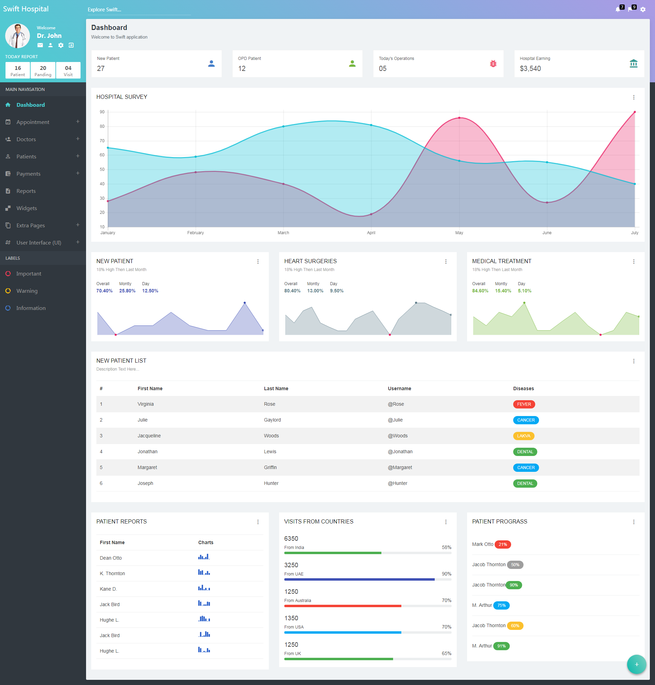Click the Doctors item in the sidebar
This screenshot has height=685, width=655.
pos(26,139)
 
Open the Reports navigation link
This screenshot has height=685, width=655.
pos(26,191)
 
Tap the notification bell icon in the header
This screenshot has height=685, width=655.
pos(617,9)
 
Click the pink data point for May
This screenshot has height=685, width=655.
pos(459,118)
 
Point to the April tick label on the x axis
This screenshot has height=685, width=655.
pos(371,233)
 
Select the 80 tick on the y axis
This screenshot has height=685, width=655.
pos(102,126)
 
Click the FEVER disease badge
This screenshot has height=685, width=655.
pos(524,404)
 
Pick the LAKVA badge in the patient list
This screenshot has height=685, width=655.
pos(524,436)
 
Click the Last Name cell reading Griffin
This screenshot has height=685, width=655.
pos(270,467)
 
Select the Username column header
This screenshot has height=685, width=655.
pos(399,388)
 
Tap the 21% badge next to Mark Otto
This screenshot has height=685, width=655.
pos(503,544)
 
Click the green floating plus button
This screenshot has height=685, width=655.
pos(636,664)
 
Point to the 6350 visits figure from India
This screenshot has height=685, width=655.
pos(291,539)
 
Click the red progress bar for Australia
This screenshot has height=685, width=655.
pos(342,606)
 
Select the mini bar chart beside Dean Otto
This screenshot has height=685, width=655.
pos(204,557)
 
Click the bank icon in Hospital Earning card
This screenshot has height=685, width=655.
pos(633,64)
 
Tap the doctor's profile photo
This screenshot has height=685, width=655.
pos(18,36)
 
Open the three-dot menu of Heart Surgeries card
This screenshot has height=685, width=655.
pos(446,262)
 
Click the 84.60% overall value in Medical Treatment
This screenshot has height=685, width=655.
pos(480,291)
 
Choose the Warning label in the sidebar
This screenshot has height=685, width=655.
pos(27,291)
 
